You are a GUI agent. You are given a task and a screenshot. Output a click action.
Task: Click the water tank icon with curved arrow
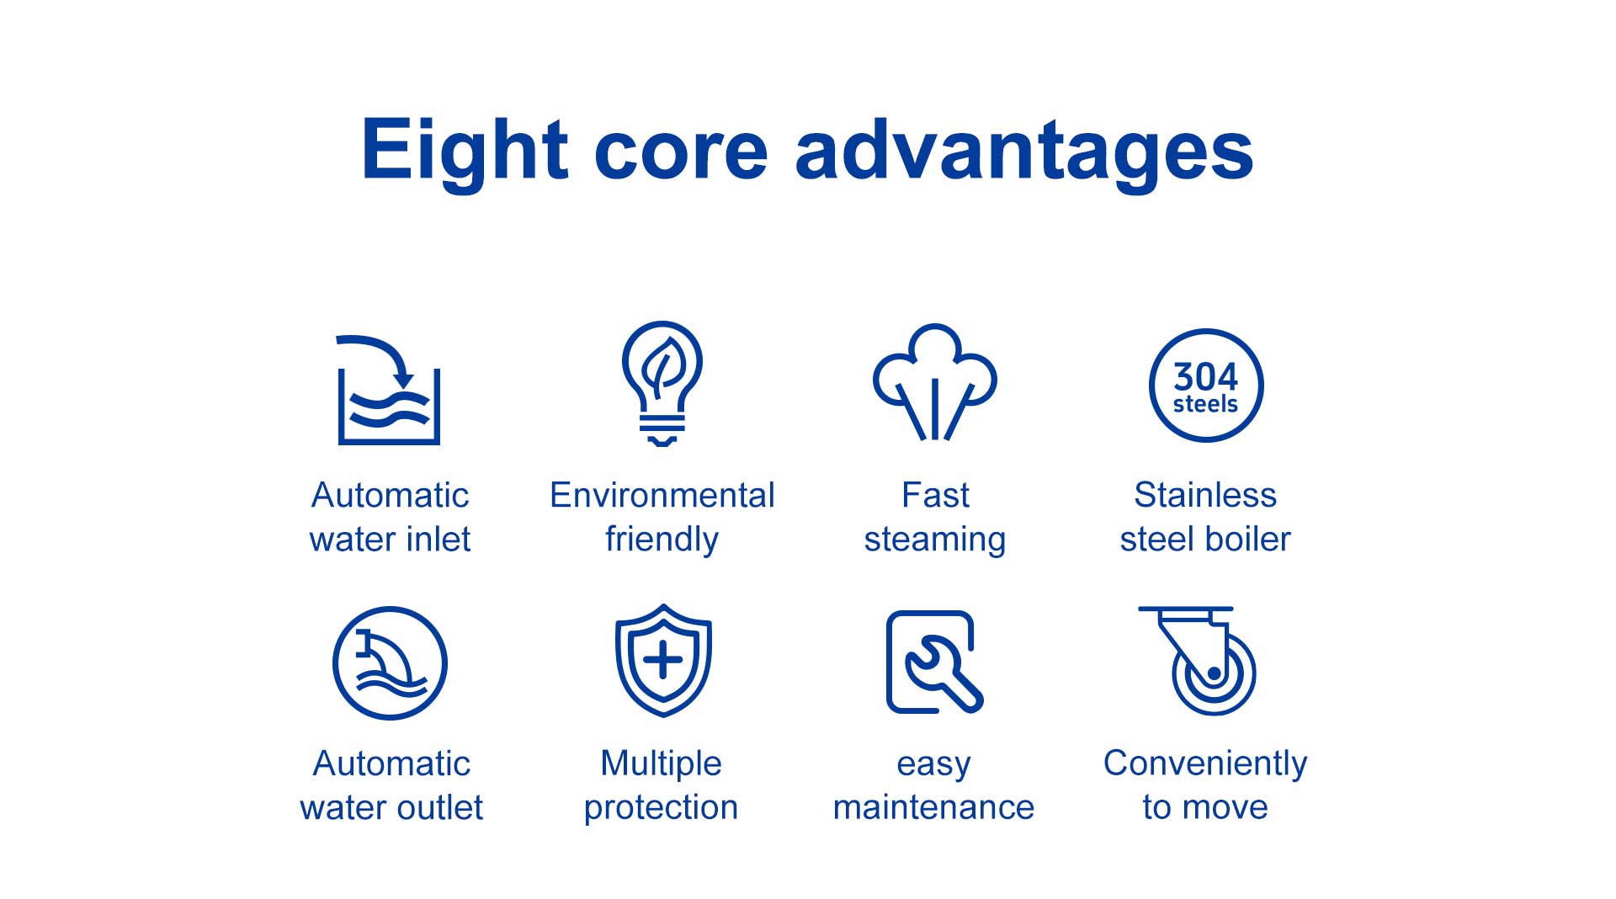388,390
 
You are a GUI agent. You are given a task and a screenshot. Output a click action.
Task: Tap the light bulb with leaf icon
662,384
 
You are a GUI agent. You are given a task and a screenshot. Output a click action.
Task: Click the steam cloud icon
934,381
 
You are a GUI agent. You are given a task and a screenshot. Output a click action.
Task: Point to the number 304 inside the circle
1206,375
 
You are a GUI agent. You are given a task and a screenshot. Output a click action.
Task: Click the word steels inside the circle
1205,404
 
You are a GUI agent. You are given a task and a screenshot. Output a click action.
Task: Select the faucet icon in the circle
390,663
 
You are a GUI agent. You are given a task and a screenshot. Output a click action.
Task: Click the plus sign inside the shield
663,659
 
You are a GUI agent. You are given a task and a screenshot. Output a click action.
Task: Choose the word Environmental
662,495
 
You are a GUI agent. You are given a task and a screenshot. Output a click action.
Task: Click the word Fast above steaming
935,495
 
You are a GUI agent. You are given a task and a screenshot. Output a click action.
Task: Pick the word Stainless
1205,495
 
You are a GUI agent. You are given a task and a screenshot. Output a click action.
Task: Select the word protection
662,808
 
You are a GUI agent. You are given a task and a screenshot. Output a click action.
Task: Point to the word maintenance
933,807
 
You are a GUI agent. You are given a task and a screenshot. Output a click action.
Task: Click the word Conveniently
1205,764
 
